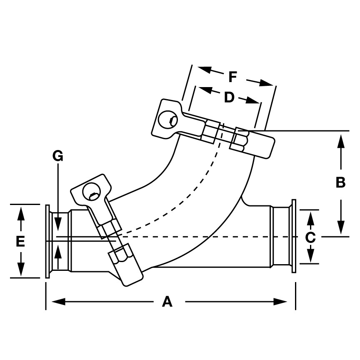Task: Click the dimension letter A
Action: click(167, 302)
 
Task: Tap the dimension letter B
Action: click(341, 182)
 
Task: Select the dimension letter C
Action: click(310, 237)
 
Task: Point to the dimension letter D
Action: click(229, 97)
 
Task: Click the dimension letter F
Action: click(233, 77)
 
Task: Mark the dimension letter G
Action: click(57, 156)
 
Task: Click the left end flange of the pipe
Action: click(47, 241)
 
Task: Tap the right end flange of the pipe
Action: click(294, 237)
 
